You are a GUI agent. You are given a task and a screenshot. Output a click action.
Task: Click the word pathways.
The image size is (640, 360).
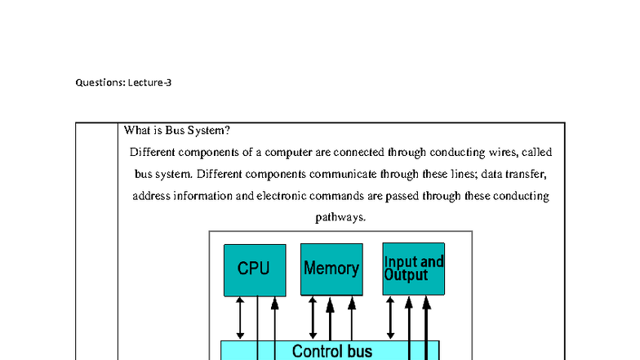tap(340, 218)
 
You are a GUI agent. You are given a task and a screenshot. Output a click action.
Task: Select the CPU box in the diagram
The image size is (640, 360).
tap(255, 269)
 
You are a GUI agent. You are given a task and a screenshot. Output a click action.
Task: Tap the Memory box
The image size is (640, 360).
tap(331, 269)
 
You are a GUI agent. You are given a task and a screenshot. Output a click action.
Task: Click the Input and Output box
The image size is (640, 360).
tap(414, 269)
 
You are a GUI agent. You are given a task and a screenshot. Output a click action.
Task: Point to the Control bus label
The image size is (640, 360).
tap(331, 352)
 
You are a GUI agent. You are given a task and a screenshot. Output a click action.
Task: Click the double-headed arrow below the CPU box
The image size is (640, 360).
tap(240, 318)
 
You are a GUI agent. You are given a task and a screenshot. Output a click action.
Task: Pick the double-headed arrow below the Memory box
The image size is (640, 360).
tap(313, 318)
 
